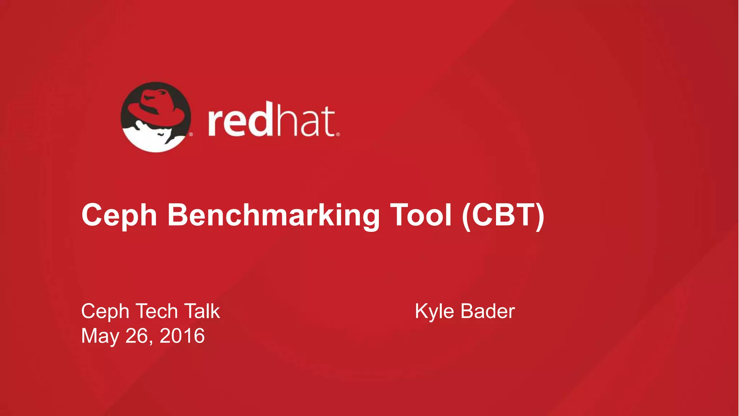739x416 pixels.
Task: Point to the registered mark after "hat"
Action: point(338,134)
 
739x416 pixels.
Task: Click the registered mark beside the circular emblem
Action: point(191,134)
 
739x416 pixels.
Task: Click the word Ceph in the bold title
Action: point(119,215)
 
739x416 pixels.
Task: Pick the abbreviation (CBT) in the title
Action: point(503,215)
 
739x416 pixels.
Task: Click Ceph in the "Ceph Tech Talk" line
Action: point(105,311)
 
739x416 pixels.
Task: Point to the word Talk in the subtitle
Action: point(202,311)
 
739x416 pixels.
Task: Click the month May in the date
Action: point(100,336)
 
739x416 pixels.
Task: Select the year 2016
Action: point(182,335)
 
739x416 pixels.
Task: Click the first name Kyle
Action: point(434,311)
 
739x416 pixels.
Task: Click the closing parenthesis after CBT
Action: point(540,215)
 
